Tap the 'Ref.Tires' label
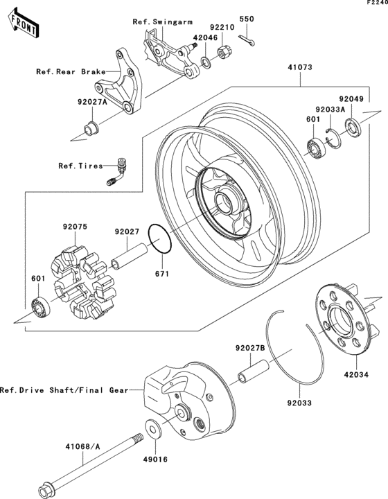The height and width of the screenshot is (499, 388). click(80, 166)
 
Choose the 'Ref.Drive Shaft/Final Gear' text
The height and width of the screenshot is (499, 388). click(64, 389)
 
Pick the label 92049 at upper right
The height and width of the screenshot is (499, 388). click(351, 99)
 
